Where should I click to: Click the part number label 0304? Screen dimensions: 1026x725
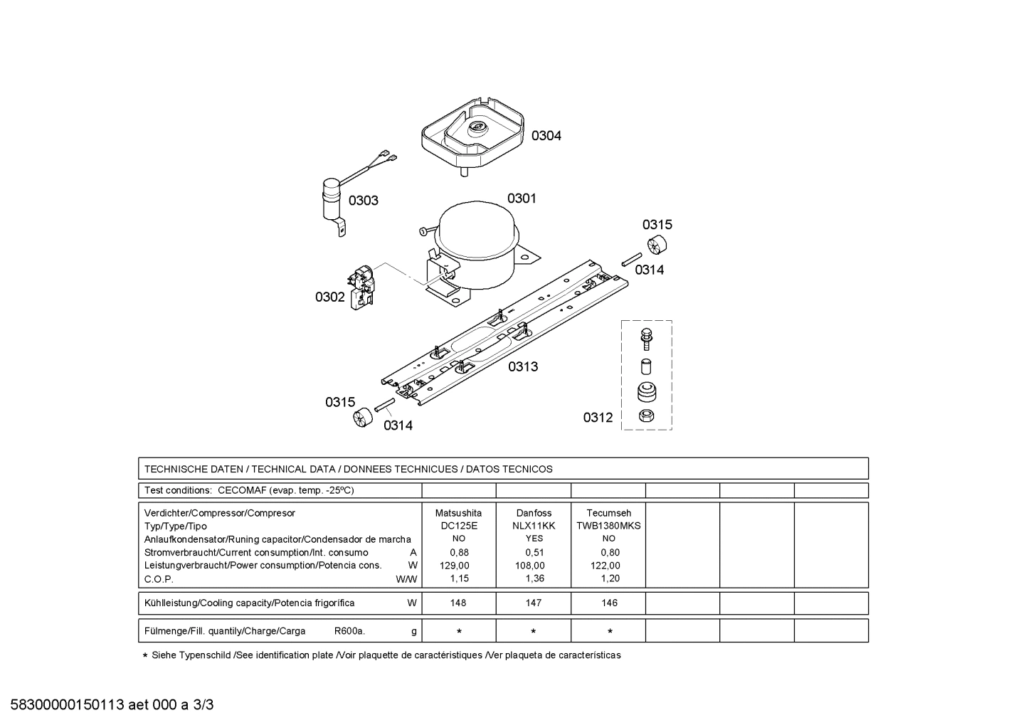(546, 136)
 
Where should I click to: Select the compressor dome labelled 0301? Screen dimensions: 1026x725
(477, 245)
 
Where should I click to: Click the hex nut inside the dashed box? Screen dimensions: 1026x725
(646, 416)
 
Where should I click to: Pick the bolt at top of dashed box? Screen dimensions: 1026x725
(646, 339)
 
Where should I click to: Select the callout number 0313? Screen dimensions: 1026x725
(523, 366)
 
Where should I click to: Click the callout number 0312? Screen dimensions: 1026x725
(598, 417)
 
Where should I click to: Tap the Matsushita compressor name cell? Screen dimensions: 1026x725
(458, 513)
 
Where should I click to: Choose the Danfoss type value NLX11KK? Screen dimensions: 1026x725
(534, 526)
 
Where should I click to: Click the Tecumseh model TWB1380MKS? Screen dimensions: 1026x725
(608, 526)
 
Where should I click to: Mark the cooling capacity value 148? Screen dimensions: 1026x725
(458, 603)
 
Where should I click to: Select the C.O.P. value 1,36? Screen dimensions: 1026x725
(535, 578)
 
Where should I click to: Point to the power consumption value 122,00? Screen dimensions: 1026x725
(605, 566)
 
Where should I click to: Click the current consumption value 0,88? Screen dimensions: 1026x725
(460, 552)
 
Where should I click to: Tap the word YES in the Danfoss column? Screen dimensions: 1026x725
(534, 539)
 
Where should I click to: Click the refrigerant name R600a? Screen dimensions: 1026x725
(349, 631)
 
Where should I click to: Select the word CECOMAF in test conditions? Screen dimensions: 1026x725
(242, 490)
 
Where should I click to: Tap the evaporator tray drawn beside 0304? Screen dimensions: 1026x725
(472, 135)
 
